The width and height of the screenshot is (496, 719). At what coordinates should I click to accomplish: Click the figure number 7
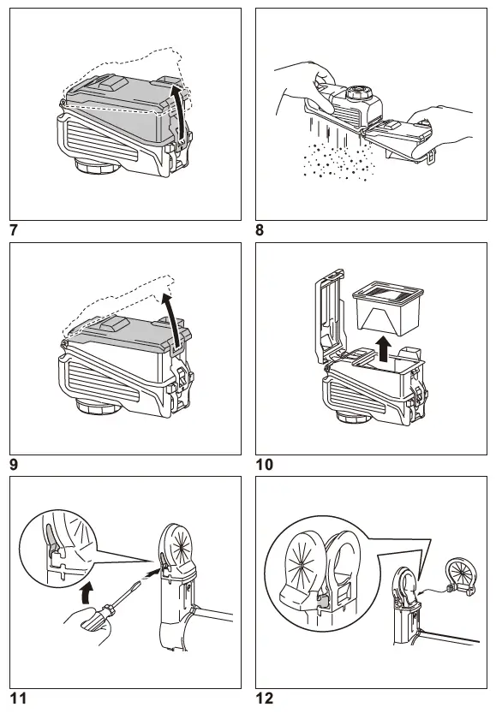14,229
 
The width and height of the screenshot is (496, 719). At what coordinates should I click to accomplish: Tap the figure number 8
260,229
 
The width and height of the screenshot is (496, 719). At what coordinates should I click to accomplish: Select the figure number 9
14,464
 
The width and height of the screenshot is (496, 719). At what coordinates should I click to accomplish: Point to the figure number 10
265,464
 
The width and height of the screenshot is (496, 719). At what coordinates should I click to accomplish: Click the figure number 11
18,698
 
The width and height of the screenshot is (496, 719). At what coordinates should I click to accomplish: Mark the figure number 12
265,698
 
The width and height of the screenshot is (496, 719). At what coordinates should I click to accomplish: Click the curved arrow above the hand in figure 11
86,592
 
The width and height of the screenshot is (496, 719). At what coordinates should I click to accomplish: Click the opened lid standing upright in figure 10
329,317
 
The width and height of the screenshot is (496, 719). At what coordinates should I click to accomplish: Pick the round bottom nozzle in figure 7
98,165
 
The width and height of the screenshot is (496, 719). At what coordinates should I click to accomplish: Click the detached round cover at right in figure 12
459,576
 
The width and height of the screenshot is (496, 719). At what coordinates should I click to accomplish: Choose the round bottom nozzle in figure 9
99,406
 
